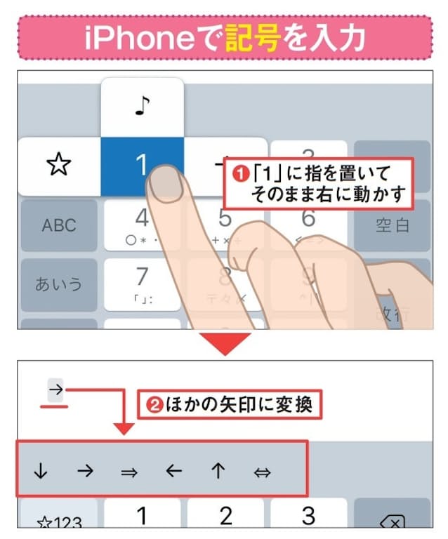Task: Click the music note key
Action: pyautogui.click(x=142, y=107)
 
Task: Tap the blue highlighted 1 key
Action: pyautogui.click(x=142, y=166)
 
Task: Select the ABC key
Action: pyautogui.click(x=59, y=225)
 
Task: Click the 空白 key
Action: pyautogui.click(x=392, y=225)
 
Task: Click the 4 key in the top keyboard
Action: pyautogui.click(x=143, y=223)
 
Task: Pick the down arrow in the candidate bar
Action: pyautogui.click(x=40, y=472)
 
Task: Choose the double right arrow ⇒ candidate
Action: pyautogui.click(x=129, y=472)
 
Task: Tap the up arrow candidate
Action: pyautogui.click(x=218, y=472)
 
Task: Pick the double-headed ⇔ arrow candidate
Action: pyautogui.click(x=263, y=472)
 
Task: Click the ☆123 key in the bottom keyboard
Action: pyautogui.click(x=59, y=521)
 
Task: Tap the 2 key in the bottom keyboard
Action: pyautogui.click(x=225, y=517)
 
